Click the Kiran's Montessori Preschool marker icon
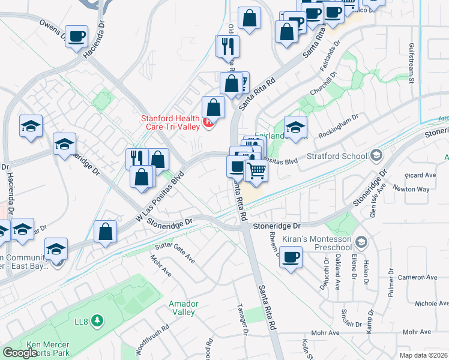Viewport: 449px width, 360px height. pyautogui.click(x=361, y=243)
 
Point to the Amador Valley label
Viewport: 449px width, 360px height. pyautogui.click(x=182, y=308)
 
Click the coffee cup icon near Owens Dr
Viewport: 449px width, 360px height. pyautogui.click(x=76, y=37)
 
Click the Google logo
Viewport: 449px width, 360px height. pyautogui.click(x=20, y=353)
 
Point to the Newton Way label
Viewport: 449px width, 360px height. pyautogui.click(x=411, y=189)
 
